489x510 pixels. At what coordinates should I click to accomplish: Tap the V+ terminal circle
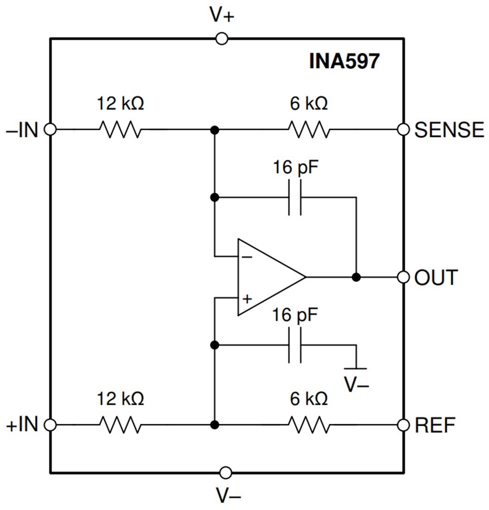222,39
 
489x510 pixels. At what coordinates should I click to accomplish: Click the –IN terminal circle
50,130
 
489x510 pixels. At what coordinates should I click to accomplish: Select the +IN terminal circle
50,424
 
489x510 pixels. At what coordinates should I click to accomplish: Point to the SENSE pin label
449,130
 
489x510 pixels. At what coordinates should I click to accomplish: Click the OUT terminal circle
404,277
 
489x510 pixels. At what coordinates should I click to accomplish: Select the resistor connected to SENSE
309,130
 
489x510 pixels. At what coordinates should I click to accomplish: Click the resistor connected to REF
309,424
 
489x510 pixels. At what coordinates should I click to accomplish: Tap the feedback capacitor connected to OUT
295,198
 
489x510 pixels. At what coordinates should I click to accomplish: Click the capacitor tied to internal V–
295,345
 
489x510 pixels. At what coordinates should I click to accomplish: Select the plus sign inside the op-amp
247,299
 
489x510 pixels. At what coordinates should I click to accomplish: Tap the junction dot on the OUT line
356,277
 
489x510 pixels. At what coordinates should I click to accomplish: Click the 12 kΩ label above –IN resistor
120,103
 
